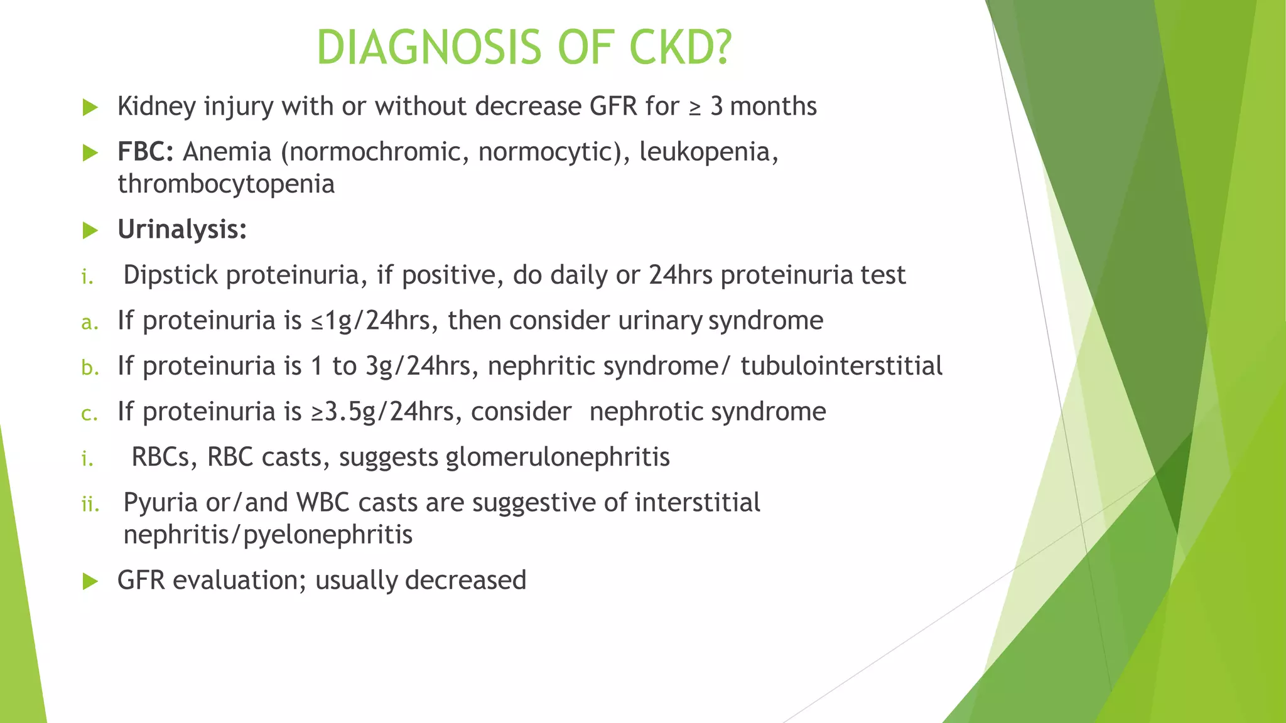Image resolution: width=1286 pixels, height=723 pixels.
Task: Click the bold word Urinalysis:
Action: [182, 230]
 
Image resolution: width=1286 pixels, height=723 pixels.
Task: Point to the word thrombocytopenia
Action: [226, 185]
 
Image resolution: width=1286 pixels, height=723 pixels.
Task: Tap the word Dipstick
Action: [171, 276]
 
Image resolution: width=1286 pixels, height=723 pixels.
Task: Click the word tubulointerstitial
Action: [841, 366]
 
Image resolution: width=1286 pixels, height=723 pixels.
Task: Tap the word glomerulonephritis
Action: [558, 457]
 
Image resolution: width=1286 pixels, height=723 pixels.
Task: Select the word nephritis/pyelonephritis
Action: [268, 535]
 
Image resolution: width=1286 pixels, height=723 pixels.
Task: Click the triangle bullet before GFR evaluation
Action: [90, 581]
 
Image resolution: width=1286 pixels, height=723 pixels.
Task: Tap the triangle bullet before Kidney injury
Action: [90, 107]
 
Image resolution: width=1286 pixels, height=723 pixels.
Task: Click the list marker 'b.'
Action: [90, 368]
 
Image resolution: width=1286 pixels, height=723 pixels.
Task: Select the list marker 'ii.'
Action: [90, 504]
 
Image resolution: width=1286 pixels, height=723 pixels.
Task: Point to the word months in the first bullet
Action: [773, 107]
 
